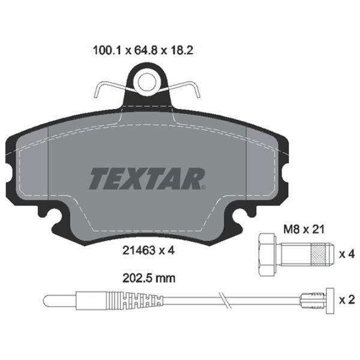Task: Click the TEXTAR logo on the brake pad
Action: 147,179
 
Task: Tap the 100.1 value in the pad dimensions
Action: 107,50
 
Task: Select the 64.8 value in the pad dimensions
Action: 146,50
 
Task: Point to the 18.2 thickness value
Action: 181,50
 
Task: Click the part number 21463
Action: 139,250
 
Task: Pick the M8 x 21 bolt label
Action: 304,229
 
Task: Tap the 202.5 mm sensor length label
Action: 149,278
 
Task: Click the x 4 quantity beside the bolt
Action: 347,254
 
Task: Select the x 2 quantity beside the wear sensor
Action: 347,300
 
